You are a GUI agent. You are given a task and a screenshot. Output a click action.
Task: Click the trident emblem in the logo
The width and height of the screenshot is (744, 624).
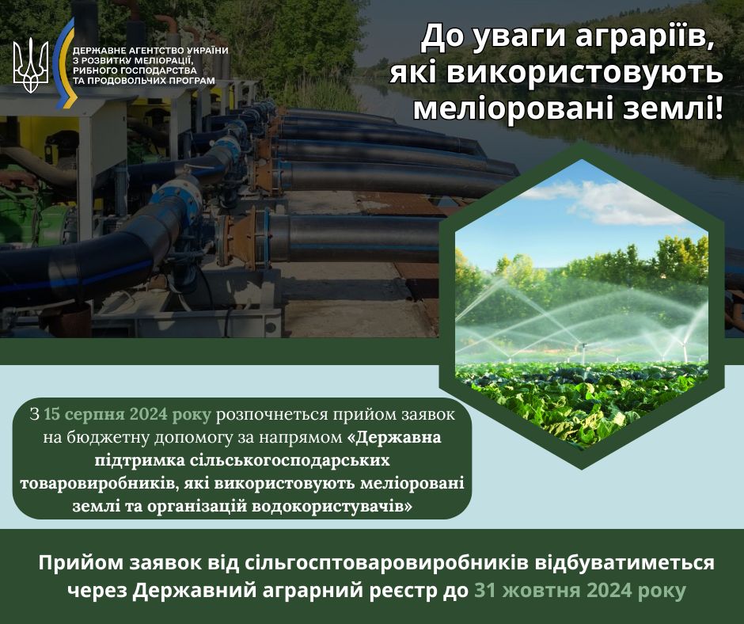pyautogui.click(x=30, y=65)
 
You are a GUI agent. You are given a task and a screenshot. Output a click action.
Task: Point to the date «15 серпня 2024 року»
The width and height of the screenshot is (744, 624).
pyautogui.click(x=127, y=415)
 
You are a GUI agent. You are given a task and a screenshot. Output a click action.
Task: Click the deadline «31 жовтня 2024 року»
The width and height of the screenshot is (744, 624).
pyautogui.click(x=580, y=590)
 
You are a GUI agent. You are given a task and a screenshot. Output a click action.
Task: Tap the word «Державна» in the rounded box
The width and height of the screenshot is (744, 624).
pyautogui.click(x=394, y=437)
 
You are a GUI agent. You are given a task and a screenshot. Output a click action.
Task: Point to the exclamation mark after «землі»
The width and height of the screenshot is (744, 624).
pyautogui.click(x=717, y=108)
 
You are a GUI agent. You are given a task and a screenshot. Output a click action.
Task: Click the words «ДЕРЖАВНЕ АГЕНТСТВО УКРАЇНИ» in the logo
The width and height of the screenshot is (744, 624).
pyautogui.click(x=150, y=51)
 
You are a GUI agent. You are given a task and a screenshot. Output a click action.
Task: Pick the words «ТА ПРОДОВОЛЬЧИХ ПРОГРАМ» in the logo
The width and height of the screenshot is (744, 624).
pyautogui.click(x=144, y=81)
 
